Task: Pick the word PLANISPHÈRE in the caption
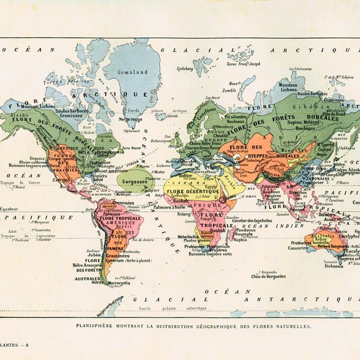99,326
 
